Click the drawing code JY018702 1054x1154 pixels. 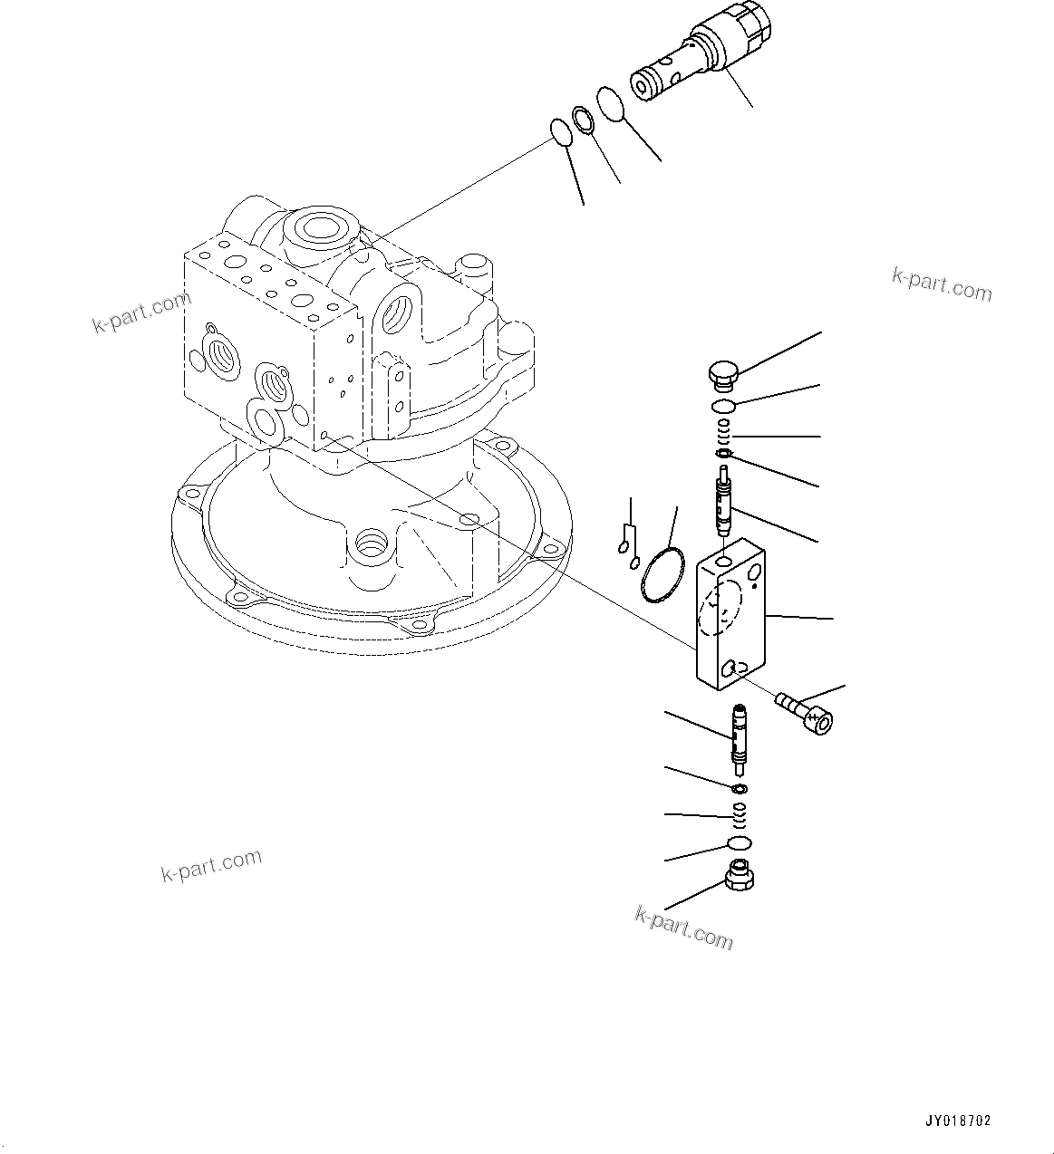[x=958, y=1120]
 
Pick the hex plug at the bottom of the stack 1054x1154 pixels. [x=740, y=877]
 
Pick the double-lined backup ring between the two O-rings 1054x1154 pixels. [x=583, y=120]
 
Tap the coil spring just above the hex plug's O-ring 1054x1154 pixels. [x=740, y=816]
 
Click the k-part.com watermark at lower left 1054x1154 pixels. [x=211, y=865]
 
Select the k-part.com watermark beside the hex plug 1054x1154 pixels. [x=683, y=928]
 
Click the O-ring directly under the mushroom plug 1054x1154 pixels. [x=723, y=406]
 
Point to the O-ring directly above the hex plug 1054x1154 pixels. [x=740, y=844]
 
